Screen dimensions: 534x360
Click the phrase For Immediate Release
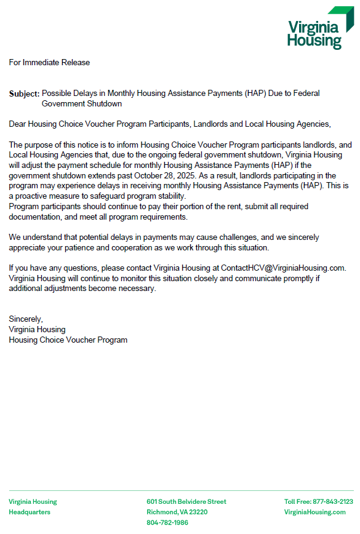49,62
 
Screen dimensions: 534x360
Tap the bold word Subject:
24,94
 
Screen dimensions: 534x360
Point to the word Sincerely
26,319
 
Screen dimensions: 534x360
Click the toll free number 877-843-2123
332,501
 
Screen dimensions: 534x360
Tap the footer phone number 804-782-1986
167,522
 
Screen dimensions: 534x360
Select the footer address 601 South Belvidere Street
186,501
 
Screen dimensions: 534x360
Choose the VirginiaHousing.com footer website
314,512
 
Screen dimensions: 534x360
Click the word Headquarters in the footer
30,512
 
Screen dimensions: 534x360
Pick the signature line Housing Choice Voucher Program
68,340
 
